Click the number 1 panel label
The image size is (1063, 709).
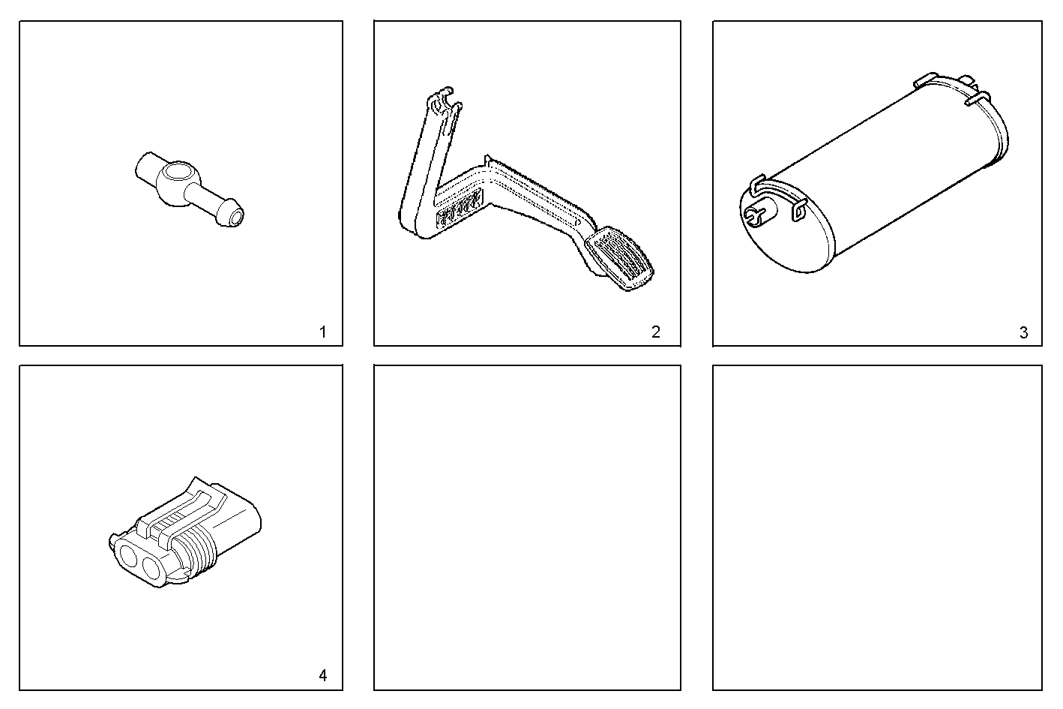pos(322,332)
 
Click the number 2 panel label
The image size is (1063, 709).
pos(656,332)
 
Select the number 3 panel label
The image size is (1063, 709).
pos(1024,332)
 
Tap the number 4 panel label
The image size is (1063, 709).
pos(322,675)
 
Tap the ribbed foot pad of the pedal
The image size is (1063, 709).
pos(620,260)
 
